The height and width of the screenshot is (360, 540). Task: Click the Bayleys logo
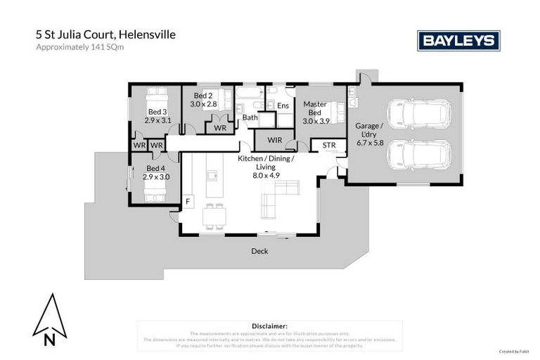point(458,41)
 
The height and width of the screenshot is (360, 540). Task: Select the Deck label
point(260,251)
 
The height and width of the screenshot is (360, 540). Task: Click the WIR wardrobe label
point(275,141)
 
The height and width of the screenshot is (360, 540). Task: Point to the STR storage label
point(329,146)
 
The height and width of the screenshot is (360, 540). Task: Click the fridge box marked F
point(188,201)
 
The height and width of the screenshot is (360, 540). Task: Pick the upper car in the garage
point(420,113)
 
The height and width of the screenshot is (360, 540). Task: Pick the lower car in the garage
point(420,154)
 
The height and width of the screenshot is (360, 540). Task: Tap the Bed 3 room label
point(157,112)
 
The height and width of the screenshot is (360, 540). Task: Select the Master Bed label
point(315,108)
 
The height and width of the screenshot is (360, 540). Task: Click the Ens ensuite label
point(283,105)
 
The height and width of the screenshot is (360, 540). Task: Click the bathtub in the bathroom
point(250,93)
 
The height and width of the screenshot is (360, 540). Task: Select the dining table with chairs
point(214,216)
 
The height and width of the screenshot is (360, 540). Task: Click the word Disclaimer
point(269,326)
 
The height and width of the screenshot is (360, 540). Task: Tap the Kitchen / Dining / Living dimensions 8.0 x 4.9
point(266,175)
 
